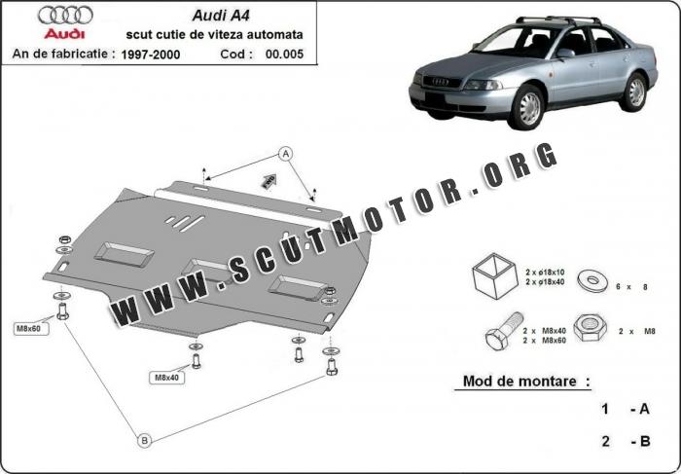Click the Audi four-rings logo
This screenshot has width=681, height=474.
(65, 16)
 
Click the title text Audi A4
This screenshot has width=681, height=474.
(221, 16)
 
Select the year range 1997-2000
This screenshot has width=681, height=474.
(150, 55)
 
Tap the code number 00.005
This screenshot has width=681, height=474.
(284, 55)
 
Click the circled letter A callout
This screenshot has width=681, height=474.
(285, 154)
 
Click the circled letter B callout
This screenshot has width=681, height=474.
(144, 441)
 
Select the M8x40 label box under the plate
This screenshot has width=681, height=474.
(166, 377)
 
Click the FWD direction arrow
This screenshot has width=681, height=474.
(269, 181)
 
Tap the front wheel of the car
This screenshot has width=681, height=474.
(528, 107)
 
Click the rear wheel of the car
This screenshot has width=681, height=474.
(635, 92)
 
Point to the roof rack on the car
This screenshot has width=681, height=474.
(558, 20)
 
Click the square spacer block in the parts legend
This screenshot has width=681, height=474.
(494, 275)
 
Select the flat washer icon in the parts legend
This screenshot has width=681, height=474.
(592, 280)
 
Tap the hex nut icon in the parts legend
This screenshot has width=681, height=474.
(590, 328)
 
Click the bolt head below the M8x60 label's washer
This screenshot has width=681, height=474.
(62, 311)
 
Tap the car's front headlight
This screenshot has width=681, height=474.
(483, 85)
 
